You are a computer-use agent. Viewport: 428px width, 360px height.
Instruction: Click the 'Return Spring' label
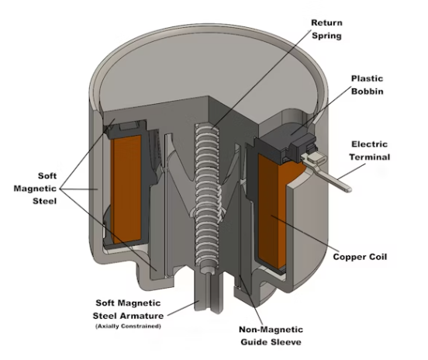click(326, 29)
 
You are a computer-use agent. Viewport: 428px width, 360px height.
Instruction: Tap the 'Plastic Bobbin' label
click(367, 85)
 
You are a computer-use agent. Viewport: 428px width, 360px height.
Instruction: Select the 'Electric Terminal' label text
click(370, 151)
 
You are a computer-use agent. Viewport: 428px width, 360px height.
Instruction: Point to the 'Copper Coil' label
click(360, 257)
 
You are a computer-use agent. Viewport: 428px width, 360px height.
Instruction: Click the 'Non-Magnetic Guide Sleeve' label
click(271, 336)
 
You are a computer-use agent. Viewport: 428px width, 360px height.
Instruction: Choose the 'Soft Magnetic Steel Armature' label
click(128, 310)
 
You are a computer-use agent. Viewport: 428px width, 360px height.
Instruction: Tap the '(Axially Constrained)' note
click(128, 326)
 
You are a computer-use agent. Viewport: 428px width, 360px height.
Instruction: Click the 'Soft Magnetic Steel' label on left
click(35, 189)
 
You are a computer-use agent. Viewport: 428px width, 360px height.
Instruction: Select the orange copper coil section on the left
click(126, 189)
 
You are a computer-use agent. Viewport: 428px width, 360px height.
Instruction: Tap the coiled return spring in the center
click(208, 196)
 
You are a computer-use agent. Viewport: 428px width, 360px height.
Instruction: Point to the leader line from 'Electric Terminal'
click(351, 171)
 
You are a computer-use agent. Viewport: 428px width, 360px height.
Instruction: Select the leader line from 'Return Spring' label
click(262, 79)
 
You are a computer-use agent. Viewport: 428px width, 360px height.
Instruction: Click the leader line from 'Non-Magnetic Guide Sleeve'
click(251, 300)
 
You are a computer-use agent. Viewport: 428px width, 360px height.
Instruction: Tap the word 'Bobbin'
click(368, 91)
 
